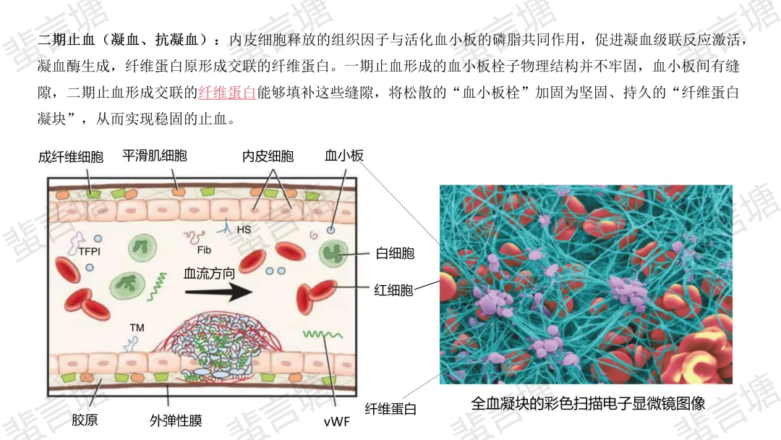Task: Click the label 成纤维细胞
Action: (x=71, y=157)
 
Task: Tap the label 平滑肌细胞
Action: (x=155, y=156)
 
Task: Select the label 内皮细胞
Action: (x=268, y=156)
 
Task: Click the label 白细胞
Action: (x=395, y=254)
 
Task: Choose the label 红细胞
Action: (x=395, y=290)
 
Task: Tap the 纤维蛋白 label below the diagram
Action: (x=390, y=409)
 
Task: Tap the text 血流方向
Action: (x=209, y=274)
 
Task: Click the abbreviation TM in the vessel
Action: (x=137, y=328)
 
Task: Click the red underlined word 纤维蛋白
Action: (x=226, y=92)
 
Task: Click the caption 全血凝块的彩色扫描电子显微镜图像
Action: (x=587, y=403)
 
